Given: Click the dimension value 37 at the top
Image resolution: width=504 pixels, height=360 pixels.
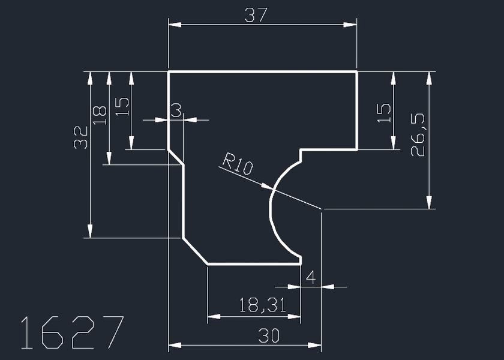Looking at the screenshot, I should coord(256,14).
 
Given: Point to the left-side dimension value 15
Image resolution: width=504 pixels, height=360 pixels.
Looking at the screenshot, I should coord(122,107).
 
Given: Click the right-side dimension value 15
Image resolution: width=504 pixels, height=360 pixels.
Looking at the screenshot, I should coord(384,113).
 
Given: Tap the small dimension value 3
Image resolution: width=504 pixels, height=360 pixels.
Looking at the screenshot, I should coord(176,110).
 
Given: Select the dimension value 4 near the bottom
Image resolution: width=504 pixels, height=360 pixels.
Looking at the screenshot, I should coord(310,277).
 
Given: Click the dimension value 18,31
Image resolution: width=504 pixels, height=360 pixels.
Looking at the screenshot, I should coord(262,305).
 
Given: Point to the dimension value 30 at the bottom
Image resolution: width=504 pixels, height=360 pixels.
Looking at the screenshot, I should coord(268,336).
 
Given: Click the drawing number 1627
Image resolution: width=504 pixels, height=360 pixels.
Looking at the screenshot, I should coord(72,332).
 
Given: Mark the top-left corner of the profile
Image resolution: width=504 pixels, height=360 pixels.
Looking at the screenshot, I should coord(169,72).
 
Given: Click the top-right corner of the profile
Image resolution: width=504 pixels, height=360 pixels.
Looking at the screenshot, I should coord(357,72).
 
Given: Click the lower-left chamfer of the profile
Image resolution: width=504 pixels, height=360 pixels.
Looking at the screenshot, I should coord(194,251).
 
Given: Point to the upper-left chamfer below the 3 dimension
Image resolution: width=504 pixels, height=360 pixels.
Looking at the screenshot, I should coord(176,157).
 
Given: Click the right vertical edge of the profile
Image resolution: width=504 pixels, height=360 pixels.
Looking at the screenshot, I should coord(357,111).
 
